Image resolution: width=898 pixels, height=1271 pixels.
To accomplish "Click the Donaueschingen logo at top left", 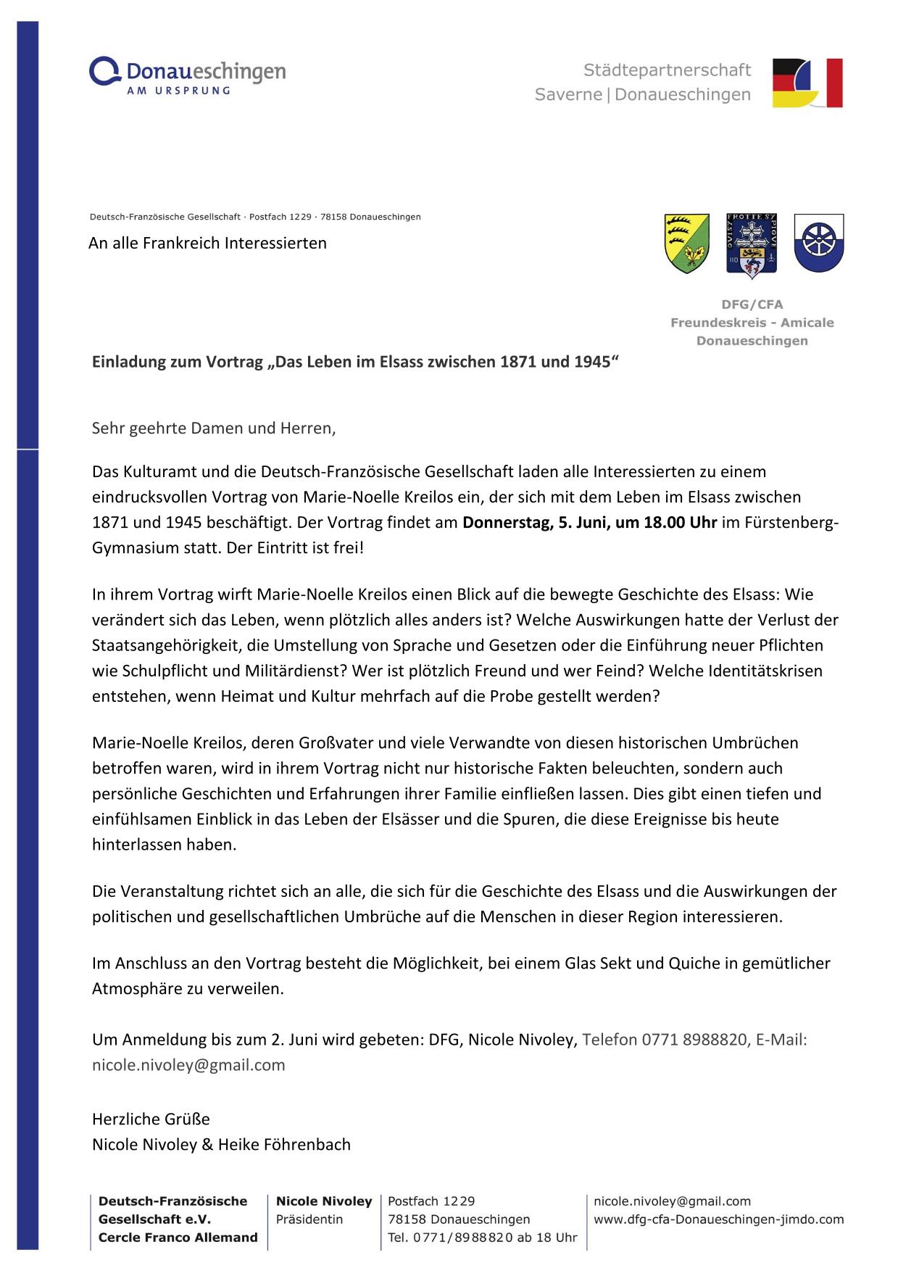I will (x=187, y=76).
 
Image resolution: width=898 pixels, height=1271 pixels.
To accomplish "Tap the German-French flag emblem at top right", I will (x=807, y=83).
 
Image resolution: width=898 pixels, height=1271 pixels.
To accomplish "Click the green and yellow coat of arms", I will (x=686, y=244).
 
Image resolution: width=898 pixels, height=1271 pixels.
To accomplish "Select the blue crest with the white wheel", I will (x=818, y=242).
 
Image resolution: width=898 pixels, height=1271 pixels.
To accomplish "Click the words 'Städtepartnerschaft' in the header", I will (x=667, y=70).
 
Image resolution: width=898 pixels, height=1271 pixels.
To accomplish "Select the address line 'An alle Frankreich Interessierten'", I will (x=207, y=243).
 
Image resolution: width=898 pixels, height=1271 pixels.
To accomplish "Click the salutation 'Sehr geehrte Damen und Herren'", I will (x=214, y=428).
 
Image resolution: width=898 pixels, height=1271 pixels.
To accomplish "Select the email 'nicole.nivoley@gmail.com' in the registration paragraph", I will (x=188, y=1065).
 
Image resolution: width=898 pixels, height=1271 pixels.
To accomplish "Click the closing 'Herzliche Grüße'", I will (x=151, y=1119).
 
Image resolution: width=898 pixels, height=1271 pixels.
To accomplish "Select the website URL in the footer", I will (x=718, y=1219).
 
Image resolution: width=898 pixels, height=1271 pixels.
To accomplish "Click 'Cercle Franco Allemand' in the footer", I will (x=178, y=1237).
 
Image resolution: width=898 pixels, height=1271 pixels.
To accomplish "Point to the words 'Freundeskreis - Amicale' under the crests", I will (x=752, y=323).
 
